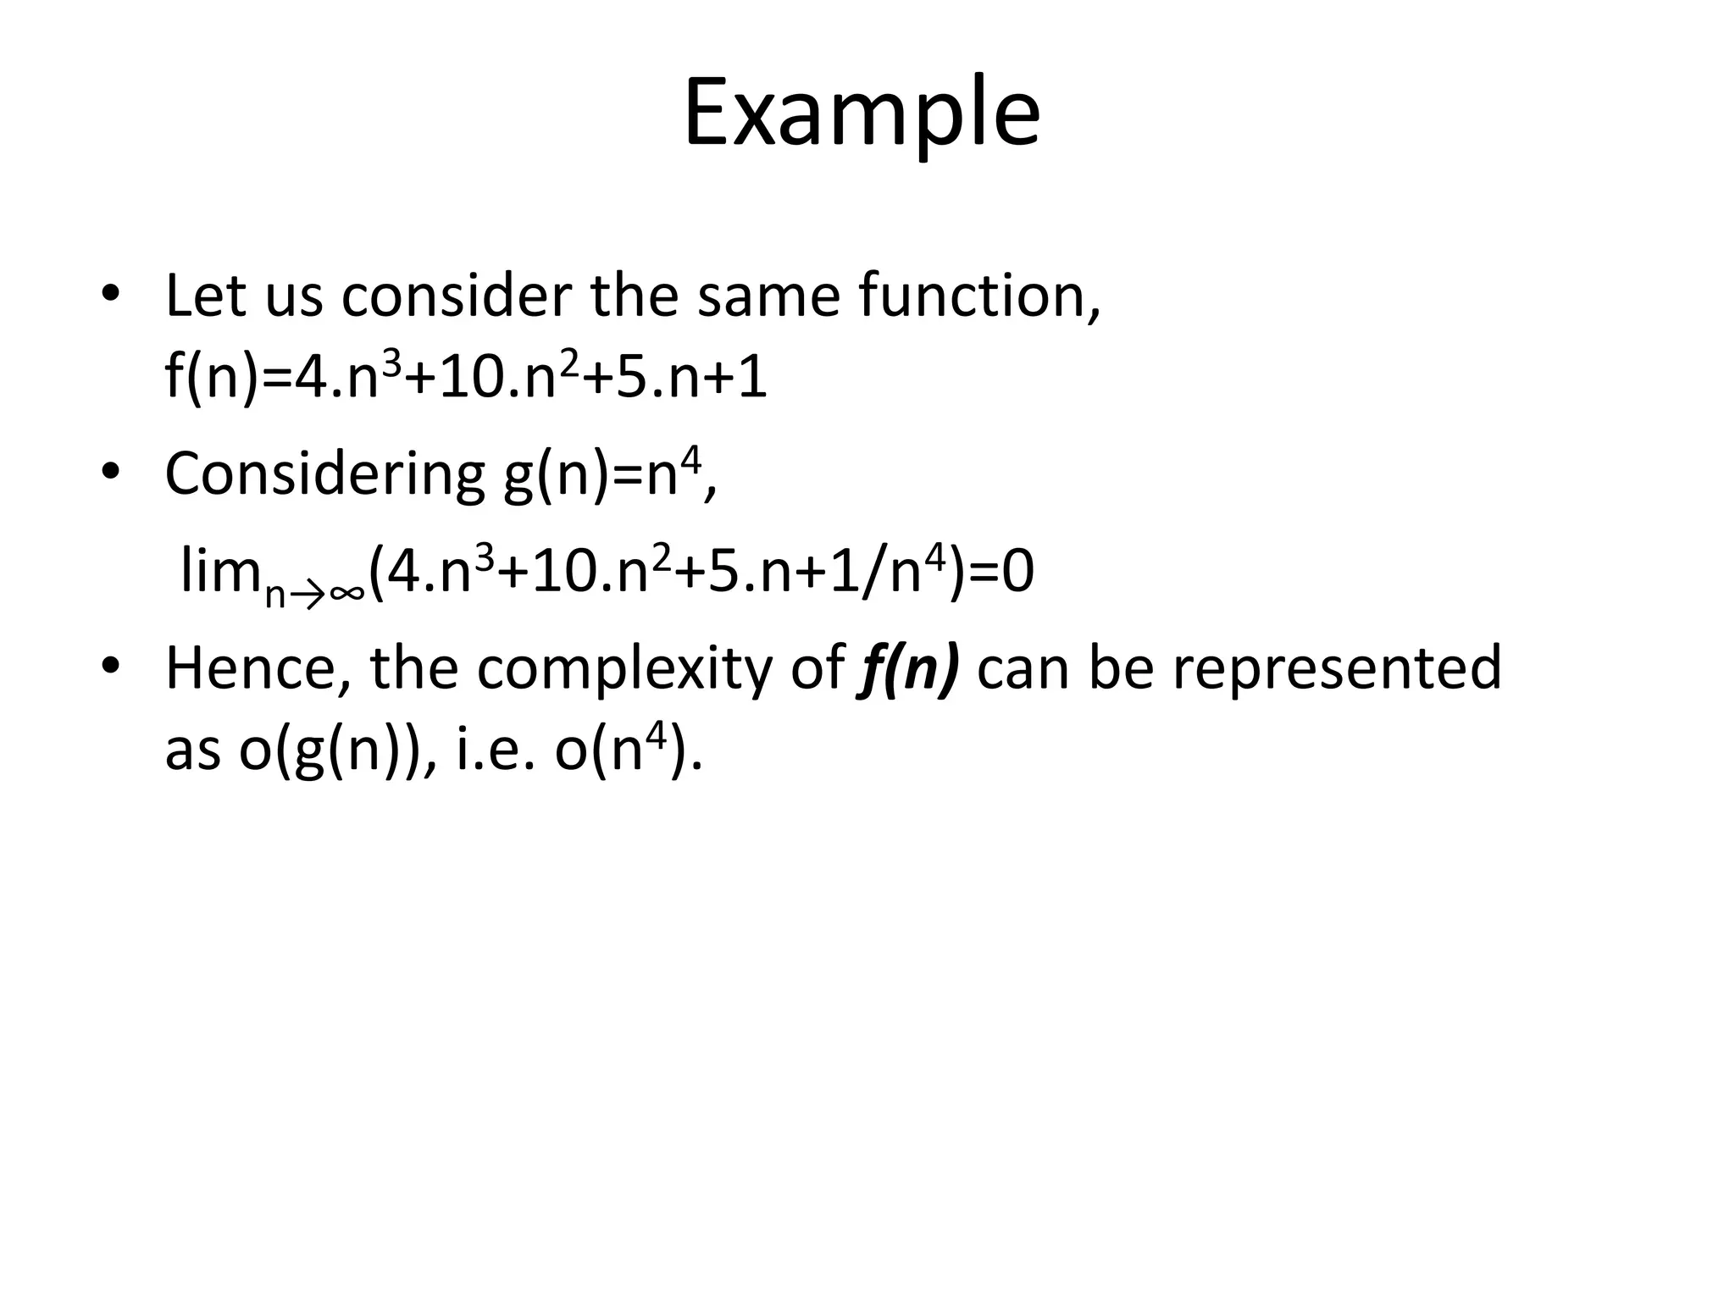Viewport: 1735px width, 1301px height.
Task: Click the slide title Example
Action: (862, 114)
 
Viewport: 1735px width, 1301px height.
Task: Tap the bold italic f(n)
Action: (909, 668)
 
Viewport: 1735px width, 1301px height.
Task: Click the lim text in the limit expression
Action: (219, 572)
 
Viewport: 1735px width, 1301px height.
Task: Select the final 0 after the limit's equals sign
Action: (1017, 573)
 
